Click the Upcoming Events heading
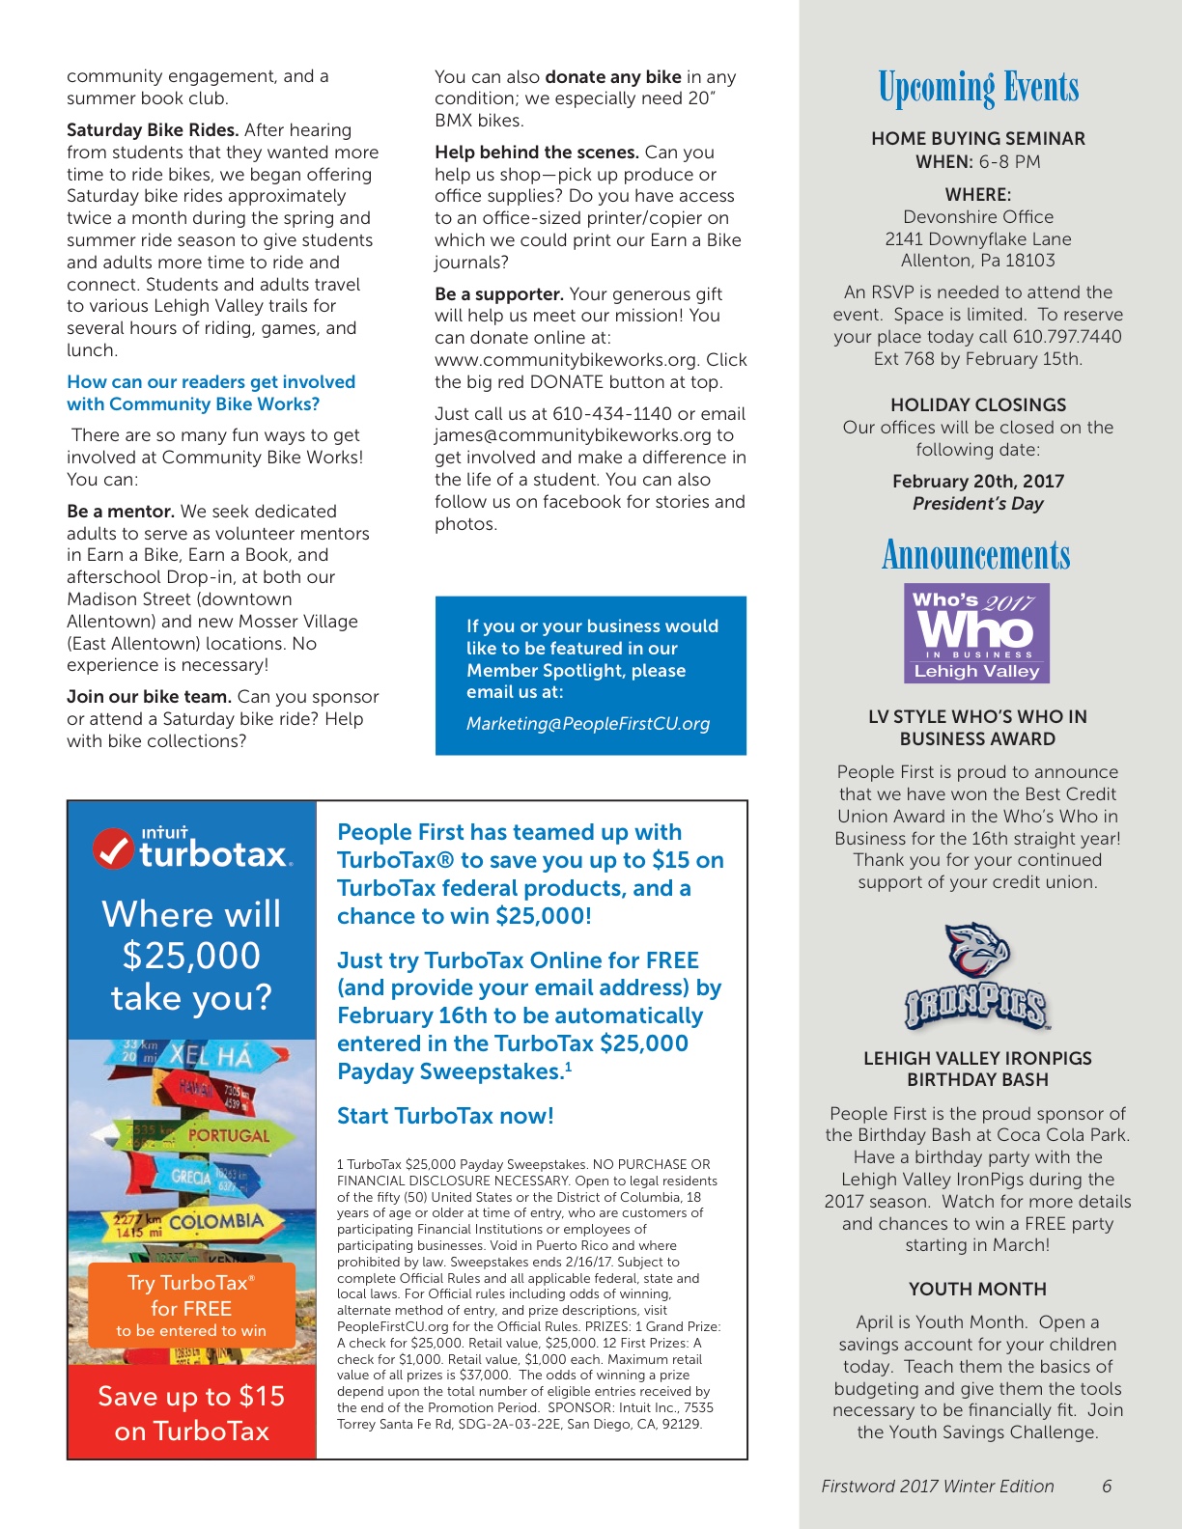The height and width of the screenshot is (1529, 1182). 977,88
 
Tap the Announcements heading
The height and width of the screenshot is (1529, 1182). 976,555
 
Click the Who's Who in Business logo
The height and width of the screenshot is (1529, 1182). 976,633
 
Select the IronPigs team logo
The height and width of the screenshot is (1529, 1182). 976,977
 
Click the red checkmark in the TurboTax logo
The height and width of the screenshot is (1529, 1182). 113,848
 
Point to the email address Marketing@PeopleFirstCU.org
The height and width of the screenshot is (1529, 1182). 588,724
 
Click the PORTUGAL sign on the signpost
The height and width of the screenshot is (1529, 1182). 228,1136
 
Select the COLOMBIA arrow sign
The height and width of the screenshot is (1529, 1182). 214,1222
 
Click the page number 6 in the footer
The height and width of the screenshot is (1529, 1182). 1107,1487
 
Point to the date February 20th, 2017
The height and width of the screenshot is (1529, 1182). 977,481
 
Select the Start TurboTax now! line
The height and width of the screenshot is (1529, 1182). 445,1117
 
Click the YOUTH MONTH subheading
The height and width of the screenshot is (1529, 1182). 977,1290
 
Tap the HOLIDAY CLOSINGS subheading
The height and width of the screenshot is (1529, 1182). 977,405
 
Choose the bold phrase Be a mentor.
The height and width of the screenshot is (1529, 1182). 121,512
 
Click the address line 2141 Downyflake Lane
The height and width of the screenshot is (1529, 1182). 977,238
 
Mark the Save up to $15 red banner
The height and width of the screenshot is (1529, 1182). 191,1412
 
